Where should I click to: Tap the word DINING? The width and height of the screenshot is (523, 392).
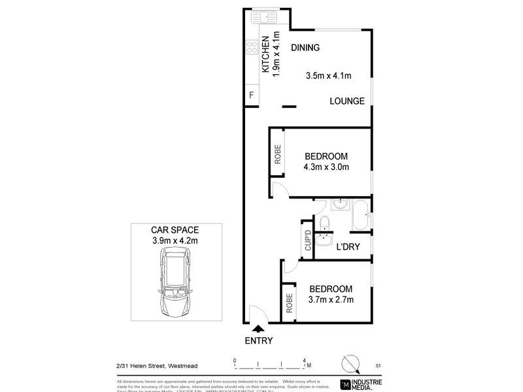click(x=305, y=48)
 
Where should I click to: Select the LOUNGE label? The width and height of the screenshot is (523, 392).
click(x=346, y=101)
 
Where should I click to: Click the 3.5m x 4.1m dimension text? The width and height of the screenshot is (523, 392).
click(x=329, y=76)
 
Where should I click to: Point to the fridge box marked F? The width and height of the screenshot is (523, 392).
click(x=250, y=96)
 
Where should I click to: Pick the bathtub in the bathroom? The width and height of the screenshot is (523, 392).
click(x=361, y=214)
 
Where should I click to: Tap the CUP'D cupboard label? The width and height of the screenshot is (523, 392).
click(x=307, y=241)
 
